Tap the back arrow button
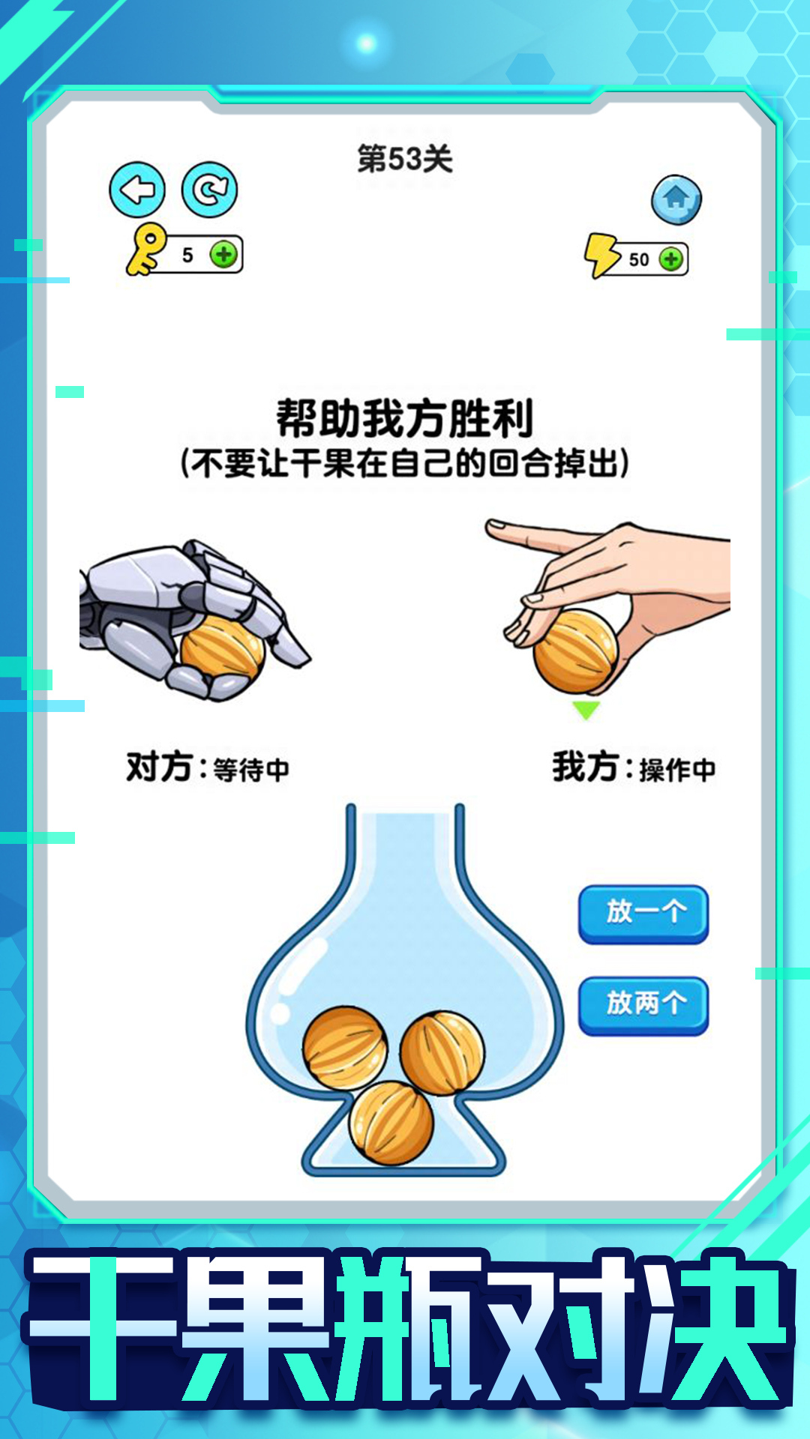click(137, 190)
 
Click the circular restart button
click(209, 190)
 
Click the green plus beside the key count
click(223, 255)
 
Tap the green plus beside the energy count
click(670, 259)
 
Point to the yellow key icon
click(145, 250)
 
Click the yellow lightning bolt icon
click(601, 255)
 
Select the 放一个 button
click(643, 914)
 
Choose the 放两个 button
click(643, 1005)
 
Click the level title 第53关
click(405, 159)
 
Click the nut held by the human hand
click(574, 651)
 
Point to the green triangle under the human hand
click(586, 709)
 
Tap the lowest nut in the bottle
click(391, 1123)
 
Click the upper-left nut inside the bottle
click(345, 1048)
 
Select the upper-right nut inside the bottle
click(442, 1052)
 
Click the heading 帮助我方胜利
click(405, 418)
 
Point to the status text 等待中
click(251, 770)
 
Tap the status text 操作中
click(677, 770)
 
